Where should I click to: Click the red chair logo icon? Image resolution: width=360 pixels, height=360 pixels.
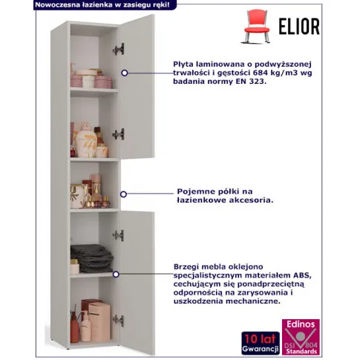coord(257,26)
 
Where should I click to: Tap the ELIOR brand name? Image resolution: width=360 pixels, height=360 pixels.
coord(299,26)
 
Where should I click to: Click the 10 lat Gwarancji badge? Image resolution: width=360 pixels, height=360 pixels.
coord(261,343)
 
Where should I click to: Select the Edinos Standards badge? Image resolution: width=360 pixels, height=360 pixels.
coord(301,337)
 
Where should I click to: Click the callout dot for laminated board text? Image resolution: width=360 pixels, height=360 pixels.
coord(125,73)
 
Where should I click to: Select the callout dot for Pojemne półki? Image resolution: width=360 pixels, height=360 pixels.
coord(123,194)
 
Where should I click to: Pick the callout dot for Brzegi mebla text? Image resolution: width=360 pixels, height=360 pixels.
coord(116,274)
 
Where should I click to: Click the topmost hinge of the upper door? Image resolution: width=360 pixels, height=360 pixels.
coord(119,49)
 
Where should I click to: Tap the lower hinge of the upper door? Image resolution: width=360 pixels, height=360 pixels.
coord(119,134)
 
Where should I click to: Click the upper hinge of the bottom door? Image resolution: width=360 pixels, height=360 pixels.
coord(119,235)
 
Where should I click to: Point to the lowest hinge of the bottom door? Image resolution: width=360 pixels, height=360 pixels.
coord(119,321)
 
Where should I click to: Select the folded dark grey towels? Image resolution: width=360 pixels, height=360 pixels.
coord(91,258)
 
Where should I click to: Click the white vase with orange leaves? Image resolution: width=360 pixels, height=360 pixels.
coord(86,140)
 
